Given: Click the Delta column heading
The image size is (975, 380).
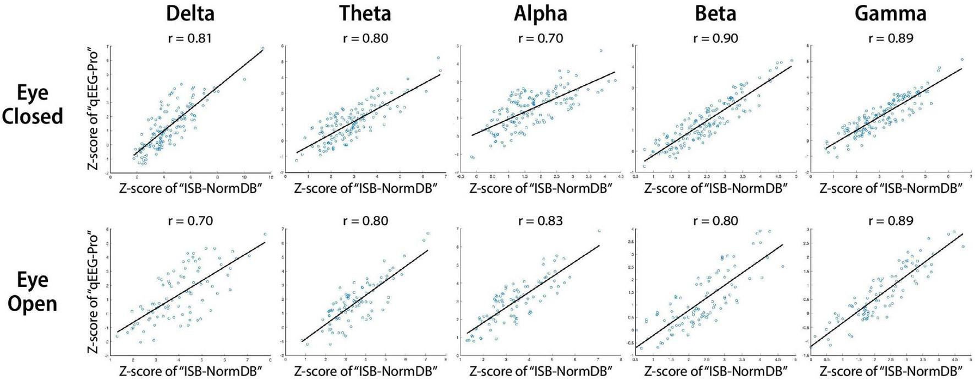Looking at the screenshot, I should click(190, 13).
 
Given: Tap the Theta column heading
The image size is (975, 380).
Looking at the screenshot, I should click(365, 13).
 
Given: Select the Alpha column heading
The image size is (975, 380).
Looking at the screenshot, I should click(540, 13).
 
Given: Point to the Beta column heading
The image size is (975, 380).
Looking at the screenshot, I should click(715, 13).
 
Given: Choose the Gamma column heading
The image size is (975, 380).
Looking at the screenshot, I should click(890, 13).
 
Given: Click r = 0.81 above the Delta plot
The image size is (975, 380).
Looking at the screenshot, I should click(190, 39).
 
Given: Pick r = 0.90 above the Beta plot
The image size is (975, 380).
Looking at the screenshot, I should click(715, 39).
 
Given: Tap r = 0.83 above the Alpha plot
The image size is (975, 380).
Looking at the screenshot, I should click(540, 221).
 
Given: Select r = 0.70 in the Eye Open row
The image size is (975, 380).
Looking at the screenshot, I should click(190, 221).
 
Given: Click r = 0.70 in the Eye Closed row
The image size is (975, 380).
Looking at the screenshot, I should click(540, 39).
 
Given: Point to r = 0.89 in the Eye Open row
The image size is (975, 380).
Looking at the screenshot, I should click(890, 221).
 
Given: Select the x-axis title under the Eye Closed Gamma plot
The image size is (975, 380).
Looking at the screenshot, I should click(890, 188).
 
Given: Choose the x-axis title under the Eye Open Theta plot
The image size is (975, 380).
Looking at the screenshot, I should click(365, 370).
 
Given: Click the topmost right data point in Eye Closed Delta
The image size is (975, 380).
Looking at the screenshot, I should click(262, 48).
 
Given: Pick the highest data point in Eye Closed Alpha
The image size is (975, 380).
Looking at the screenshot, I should click(601, 51).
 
